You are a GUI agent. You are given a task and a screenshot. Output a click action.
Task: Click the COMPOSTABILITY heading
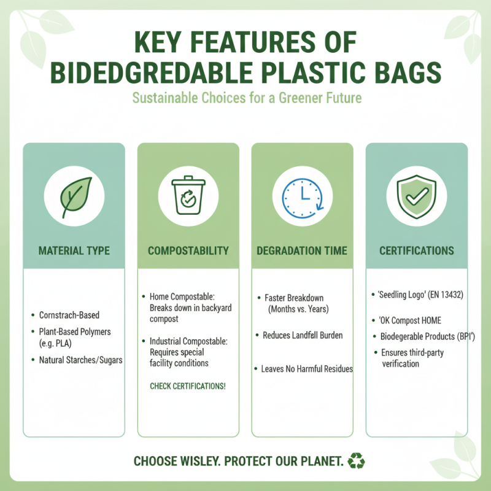click(188, 251)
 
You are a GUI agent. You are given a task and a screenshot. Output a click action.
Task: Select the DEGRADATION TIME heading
click(302, 251)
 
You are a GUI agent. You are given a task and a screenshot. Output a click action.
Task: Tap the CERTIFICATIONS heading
click(416, 251)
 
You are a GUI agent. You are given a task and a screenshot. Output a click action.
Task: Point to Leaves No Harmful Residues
click(307, 369)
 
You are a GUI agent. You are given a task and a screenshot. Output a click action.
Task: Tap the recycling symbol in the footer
click(356, 460)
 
